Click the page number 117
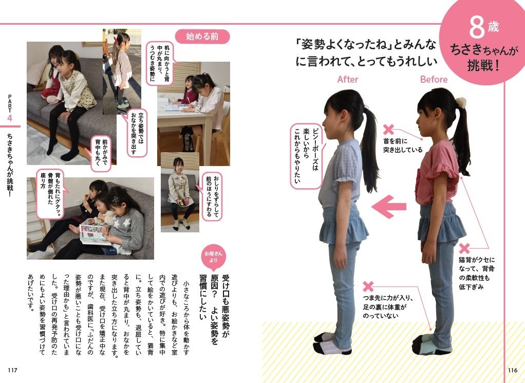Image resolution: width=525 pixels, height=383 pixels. (12, 370)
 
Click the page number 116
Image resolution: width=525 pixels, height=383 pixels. (513, 370)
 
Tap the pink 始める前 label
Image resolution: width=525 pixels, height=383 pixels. (202, 36)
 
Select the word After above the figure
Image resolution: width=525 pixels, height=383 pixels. (348, 79)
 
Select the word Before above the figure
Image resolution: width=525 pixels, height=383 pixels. (434, 79)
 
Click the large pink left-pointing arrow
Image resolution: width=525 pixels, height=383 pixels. (389, 207)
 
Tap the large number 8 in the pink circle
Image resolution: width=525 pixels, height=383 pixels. (477, 27)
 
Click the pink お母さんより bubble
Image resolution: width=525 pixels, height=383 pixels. (213, 258)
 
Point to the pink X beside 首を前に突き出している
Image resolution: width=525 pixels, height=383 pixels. (388, 130)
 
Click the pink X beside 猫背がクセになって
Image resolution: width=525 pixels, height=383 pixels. (464, 248)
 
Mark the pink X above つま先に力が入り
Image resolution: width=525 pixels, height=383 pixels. (368, 286)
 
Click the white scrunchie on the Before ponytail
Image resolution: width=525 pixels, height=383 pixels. (461, 102)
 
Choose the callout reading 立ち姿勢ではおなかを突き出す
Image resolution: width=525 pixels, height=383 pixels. (137, 133)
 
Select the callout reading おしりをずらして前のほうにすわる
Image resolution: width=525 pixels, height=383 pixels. (212, 196)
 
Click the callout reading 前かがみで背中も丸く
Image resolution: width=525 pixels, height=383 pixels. (101, 153)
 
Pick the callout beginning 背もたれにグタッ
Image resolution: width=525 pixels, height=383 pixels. (49, 194)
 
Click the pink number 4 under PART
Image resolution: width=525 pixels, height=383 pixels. (10, 118)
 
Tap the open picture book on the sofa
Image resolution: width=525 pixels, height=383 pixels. (93, 234)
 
